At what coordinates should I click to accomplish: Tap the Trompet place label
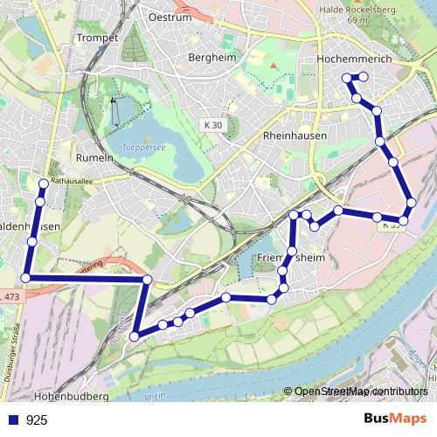point(96,38)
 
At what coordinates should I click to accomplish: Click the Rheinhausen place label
point(294,136)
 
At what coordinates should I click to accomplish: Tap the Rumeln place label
point(96,157)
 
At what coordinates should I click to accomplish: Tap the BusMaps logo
point(396,419)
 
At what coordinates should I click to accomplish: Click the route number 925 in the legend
point(37,420)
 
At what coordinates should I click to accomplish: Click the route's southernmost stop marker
point(135,336)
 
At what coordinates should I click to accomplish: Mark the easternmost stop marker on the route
point(412,204)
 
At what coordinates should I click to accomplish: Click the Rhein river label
point(155,395)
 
